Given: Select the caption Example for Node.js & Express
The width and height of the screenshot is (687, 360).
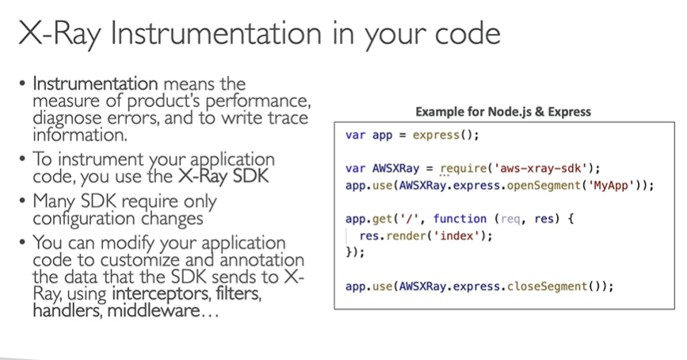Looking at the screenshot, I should click(x=503, y=112).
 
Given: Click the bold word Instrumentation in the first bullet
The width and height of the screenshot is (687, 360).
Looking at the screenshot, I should click(x=95, y=83).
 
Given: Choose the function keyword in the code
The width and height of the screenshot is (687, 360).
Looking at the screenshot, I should click(x=460, y=218).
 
